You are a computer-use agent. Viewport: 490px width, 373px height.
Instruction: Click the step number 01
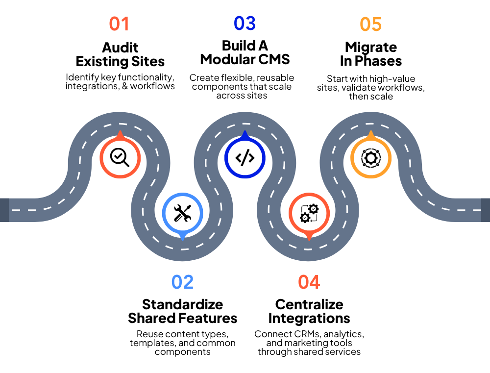click(119, 24)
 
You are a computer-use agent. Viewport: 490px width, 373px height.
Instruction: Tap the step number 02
click(182, 282)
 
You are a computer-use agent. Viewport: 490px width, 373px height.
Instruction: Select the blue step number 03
click(245, 24)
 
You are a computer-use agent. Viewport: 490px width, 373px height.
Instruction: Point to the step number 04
click(309, 282)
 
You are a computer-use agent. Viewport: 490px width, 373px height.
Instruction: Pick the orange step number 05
click(370, 24)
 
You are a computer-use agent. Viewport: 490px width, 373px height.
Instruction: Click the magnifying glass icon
click(120, 157)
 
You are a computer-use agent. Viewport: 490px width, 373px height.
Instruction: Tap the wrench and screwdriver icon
click(182, 213)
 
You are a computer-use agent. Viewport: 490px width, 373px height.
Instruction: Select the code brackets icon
click(245, 157)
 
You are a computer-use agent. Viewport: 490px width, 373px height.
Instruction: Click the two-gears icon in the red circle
click(309, 213)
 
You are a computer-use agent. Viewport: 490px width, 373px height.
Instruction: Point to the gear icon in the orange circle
click(371, 157)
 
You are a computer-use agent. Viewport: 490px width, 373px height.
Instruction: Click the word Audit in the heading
click(120, 48)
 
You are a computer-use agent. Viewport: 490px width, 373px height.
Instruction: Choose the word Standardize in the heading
click(182, 304)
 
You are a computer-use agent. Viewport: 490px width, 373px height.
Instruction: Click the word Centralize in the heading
click(309, 304)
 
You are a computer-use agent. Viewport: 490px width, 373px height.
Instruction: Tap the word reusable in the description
click(275, 77)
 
